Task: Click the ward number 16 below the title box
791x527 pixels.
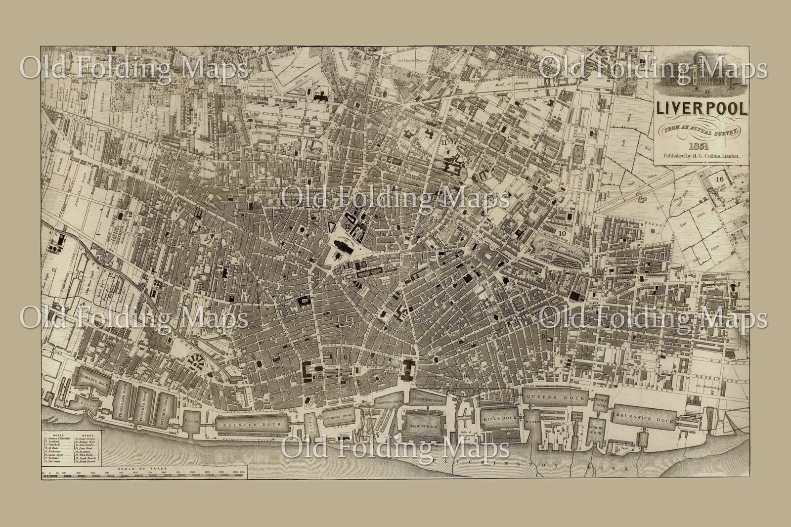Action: coord(719,179)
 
